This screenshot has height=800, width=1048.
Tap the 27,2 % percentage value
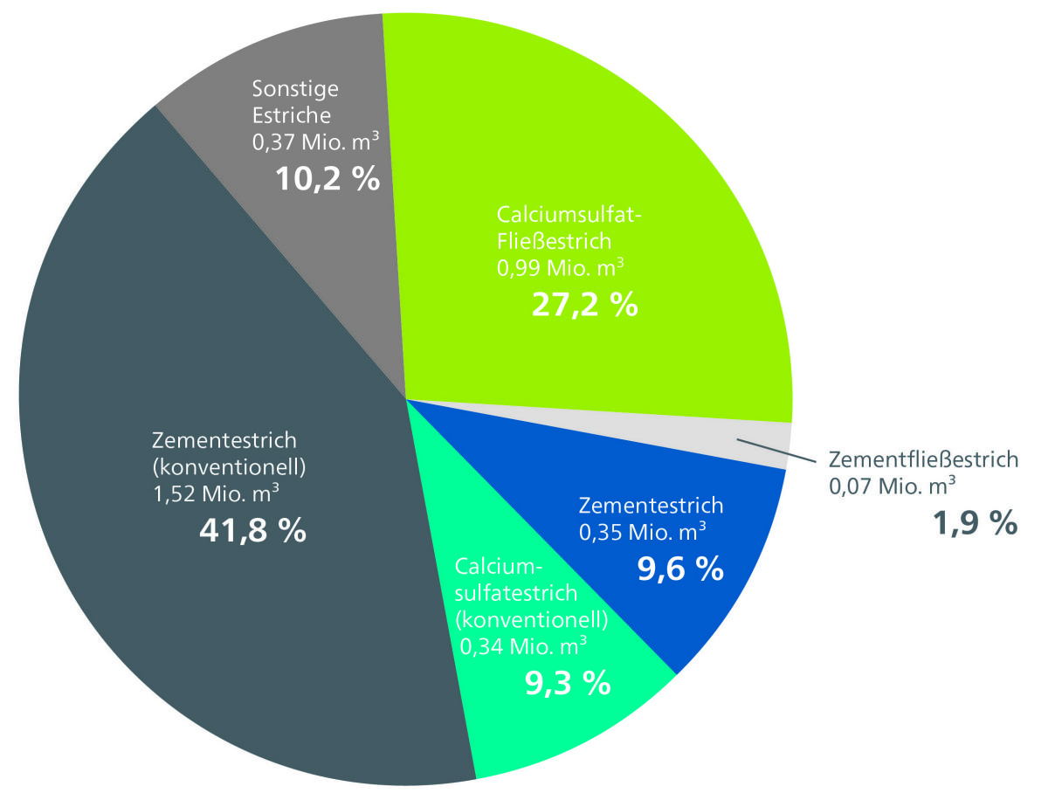pyautogui.click(x=584, y=305)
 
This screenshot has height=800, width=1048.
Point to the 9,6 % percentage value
pyautogui.click(x=680, y=568)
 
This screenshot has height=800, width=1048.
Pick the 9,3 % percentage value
pyautogui.click(x=567, y=683)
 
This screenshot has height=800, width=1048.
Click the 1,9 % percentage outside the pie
pyautogui.click(x=976, y=523)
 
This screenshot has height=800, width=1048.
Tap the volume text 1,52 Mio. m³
pyautogui.click(x=216, y=495)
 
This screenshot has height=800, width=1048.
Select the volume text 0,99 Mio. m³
pyautogui.click(x=563, y=266)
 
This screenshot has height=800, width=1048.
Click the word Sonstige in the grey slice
pyautogui.click(x=295, y=89)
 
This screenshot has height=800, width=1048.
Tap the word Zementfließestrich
pyautogui.click(x=923, y=459)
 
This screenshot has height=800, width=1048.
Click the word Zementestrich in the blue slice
pyautogui.click(x=652, y=505)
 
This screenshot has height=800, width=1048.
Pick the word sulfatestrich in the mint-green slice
pyautogui.click(x=516, y=593)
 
